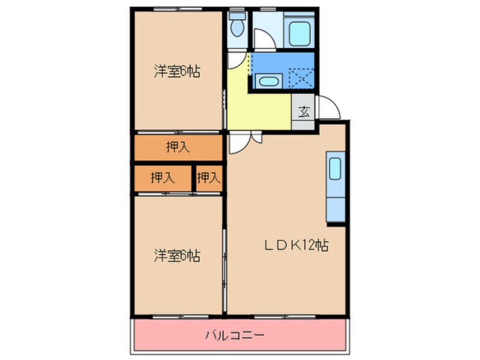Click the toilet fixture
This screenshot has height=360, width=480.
tap(237, 27)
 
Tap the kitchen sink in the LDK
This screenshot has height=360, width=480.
tap(335, 169)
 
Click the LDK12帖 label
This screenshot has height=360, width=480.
tap(296, 245)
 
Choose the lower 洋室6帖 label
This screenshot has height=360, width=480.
tap(176, 256)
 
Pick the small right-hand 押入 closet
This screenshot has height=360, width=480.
tap(208, 178)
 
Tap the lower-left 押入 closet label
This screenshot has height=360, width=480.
tap(162, 178)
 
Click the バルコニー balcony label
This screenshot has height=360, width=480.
tap(234, 334)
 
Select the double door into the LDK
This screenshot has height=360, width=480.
tap(245, 142)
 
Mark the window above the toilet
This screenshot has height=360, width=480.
tap(237, 9)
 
